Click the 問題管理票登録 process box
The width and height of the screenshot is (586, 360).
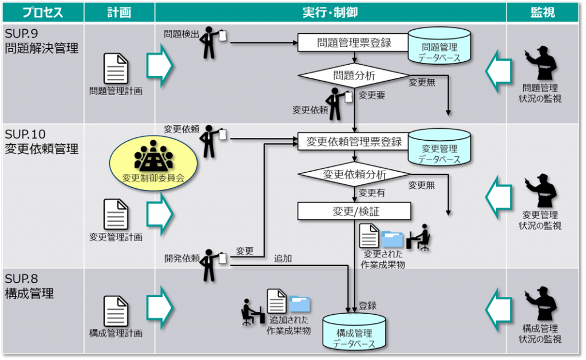[x=354, y=42]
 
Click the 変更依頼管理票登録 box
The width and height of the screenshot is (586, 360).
[x=354, y=141]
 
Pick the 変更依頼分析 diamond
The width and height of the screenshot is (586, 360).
[x=354, y=175]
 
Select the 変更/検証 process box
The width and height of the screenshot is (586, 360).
[x=354, y=211]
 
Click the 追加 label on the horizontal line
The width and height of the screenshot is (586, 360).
[x=283, y=258]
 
